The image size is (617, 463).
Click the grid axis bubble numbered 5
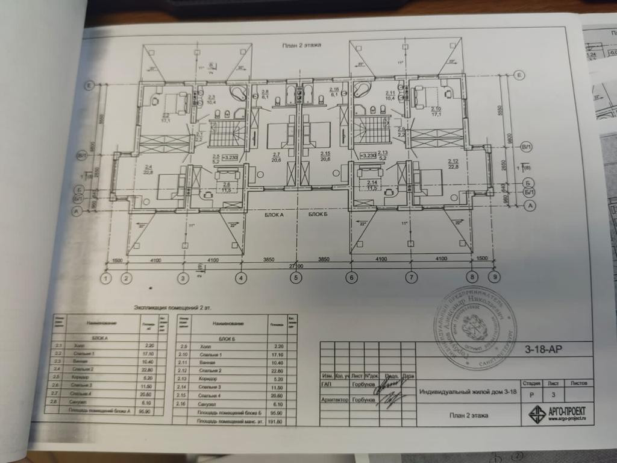tap(296, 278)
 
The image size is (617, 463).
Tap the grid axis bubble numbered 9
tap(495, 278)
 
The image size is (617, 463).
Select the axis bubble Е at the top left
tap(89, 85)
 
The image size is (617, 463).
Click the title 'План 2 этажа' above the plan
tap(302, 45)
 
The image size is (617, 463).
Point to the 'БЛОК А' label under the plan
tap(274, 215)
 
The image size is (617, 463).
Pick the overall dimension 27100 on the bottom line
tap(296, 265)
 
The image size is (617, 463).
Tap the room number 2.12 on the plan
tap(453, 161)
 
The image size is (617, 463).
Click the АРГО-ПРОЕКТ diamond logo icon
tap(537, 414)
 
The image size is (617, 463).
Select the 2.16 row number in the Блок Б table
tap(184, 403)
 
